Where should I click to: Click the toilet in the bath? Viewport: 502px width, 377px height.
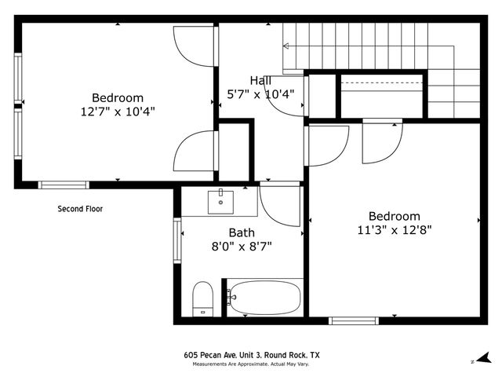(x=203, y=298)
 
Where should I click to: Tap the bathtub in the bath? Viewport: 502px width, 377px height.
(x=264, y=298)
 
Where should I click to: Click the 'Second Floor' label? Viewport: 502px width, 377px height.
(x=80, y=209)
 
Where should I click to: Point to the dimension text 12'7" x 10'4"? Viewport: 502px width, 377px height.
(x=118, y=112)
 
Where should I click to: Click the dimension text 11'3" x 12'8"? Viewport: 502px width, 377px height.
(x=395, y=230)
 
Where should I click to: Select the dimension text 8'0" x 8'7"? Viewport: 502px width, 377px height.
(x=242, y=247)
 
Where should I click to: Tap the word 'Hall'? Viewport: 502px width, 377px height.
(x=261, y=80)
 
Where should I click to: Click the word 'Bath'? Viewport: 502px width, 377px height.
(x=241, y=232)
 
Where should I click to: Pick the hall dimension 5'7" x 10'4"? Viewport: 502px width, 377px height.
(x=260, y=94)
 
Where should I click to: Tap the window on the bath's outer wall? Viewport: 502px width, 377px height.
(x=177, y=240)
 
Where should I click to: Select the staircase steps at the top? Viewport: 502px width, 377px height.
(x=369, y=47)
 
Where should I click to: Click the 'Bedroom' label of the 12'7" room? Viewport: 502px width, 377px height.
(x=118, y=97)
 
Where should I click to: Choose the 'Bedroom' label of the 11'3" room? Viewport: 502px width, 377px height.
(x=395, y=216)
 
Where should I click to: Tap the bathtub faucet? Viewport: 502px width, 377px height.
(x=230, y=297)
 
